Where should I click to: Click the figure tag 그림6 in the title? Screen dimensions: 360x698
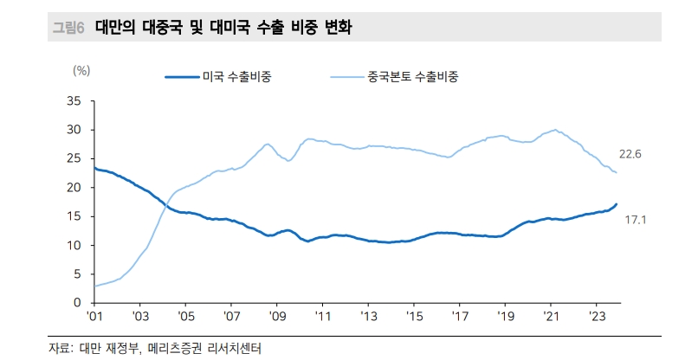(x=68, y=28)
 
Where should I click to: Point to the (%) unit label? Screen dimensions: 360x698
(x=81, y=71)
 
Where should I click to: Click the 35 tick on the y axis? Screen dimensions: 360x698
(x=74, y=101)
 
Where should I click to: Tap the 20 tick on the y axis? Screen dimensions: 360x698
(x=74, y=188)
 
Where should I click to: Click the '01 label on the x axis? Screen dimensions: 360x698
(x=94, y=317)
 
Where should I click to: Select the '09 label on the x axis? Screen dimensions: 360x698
(x=276, y=317)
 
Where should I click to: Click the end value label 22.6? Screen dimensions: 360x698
(x=630, y=155)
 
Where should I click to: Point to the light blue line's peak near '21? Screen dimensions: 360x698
(x=554, y=130)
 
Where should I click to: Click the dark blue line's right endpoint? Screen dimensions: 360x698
(x=617, y=204)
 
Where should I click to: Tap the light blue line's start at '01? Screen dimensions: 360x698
(x=95, y=286)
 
